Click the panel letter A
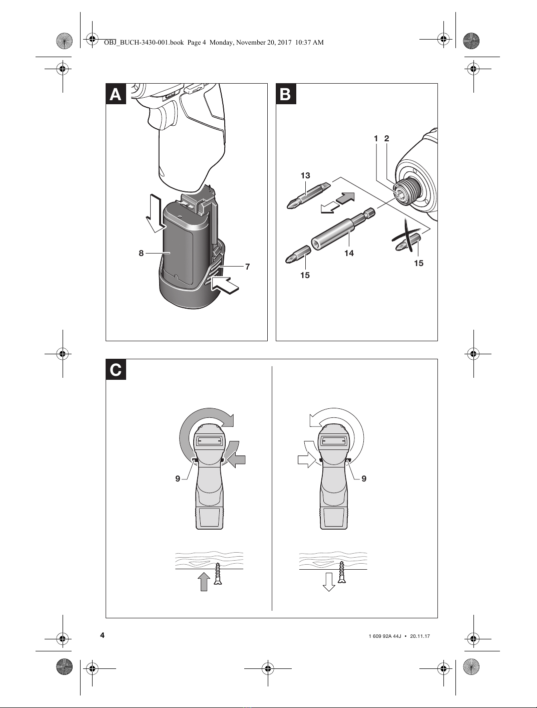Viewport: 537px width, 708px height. [x=116, y=94]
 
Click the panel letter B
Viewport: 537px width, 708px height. [x=286, y=94]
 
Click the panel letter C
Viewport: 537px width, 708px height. [x=116, y=370]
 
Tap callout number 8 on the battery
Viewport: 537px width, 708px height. [x=141, y=253]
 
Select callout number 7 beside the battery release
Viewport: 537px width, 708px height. [x=247, y=267]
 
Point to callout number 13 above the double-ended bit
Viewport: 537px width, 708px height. [x=305, y=175]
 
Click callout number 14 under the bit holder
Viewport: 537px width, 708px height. [x=349, y=253]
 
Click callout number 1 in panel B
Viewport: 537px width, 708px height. [x=376, y=138]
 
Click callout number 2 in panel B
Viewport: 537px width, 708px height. [x=386, y=138]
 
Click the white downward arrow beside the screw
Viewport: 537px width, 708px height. [x=329, y=581]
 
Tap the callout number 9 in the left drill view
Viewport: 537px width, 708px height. [x=178, y=479]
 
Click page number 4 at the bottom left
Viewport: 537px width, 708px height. [x=103, y=635]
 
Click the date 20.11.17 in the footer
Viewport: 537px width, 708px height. [x=420, y=636]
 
